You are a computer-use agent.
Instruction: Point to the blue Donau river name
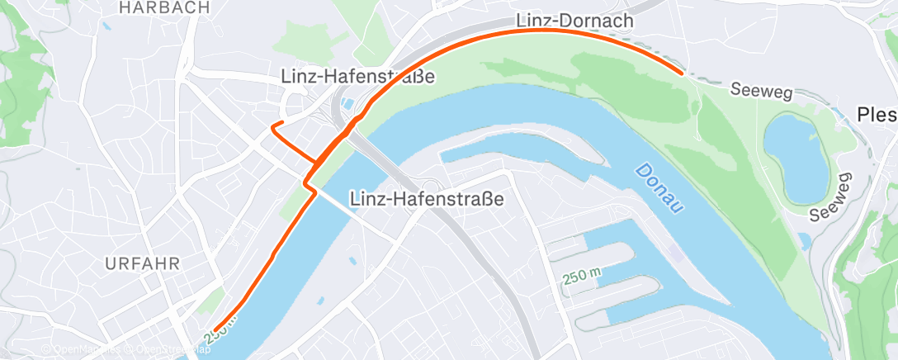[659, 189]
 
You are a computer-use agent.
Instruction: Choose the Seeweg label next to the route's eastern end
[761, 90]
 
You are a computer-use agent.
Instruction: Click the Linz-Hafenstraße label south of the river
[427, 199]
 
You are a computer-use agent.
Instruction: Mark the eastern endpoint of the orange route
[681, 73]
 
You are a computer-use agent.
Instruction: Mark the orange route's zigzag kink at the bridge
[310, 186]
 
